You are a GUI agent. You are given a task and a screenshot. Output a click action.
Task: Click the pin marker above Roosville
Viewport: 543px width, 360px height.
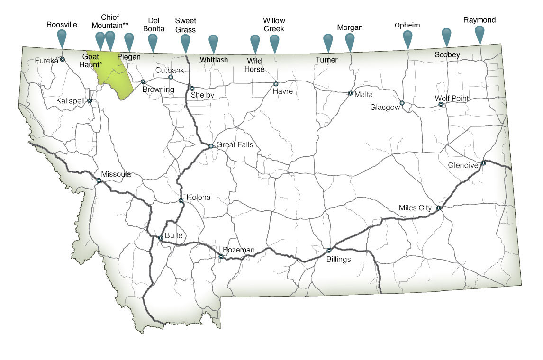61,37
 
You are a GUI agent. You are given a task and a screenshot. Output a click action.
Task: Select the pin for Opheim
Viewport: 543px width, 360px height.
407,37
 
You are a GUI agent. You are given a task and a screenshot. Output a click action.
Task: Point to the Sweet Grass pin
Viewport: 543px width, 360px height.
185,42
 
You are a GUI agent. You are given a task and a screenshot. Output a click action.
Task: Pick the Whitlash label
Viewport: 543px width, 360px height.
214,60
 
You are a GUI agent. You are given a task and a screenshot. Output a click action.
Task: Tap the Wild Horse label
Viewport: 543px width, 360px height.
255,65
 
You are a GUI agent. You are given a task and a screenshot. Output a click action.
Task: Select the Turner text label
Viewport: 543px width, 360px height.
327,60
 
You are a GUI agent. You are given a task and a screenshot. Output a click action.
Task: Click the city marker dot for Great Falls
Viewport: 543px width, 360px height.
211,146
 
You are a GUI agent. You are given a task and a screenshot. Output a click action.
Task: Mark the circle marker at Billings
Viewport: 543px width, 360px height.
329,250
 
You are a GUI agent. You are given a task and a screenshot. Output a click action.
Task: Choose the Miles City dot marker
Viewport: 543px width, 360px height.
438,208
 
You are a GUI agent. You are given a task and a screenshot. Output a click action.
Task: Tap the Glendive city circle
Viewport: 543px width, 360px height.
483,163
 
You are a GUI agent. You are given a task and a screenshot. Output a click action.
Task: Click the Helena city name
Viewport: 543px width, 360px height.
198,197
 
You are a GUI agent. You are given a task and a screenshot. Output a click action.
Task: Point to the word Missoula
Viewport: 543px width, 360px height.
116,174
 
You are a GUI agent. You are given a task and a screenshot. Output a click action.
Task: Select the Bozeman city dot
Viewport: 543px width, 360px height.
221,256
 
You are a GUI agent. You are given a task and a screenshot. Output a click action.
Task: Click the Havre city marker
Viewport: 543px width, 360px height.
276,84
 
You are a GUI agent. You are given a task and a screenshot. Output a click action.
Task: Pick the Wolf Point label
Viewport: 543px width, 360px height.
452,99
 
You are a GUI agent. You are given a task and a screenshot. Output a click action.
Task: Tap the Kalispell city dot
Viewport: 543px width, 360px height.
90,100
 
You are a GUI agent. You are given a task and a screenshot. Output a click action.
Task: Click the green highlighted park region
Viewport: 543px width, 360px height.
112,76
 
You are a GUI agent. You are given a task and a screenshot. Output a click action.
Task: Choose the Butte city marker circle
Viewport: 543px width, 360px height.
161,238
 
